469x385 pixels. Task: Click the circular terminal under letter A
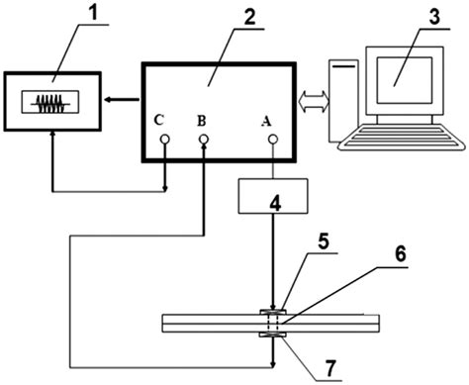pos(272,139)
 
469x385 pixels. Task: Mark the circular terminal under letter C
pos(165,140)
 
